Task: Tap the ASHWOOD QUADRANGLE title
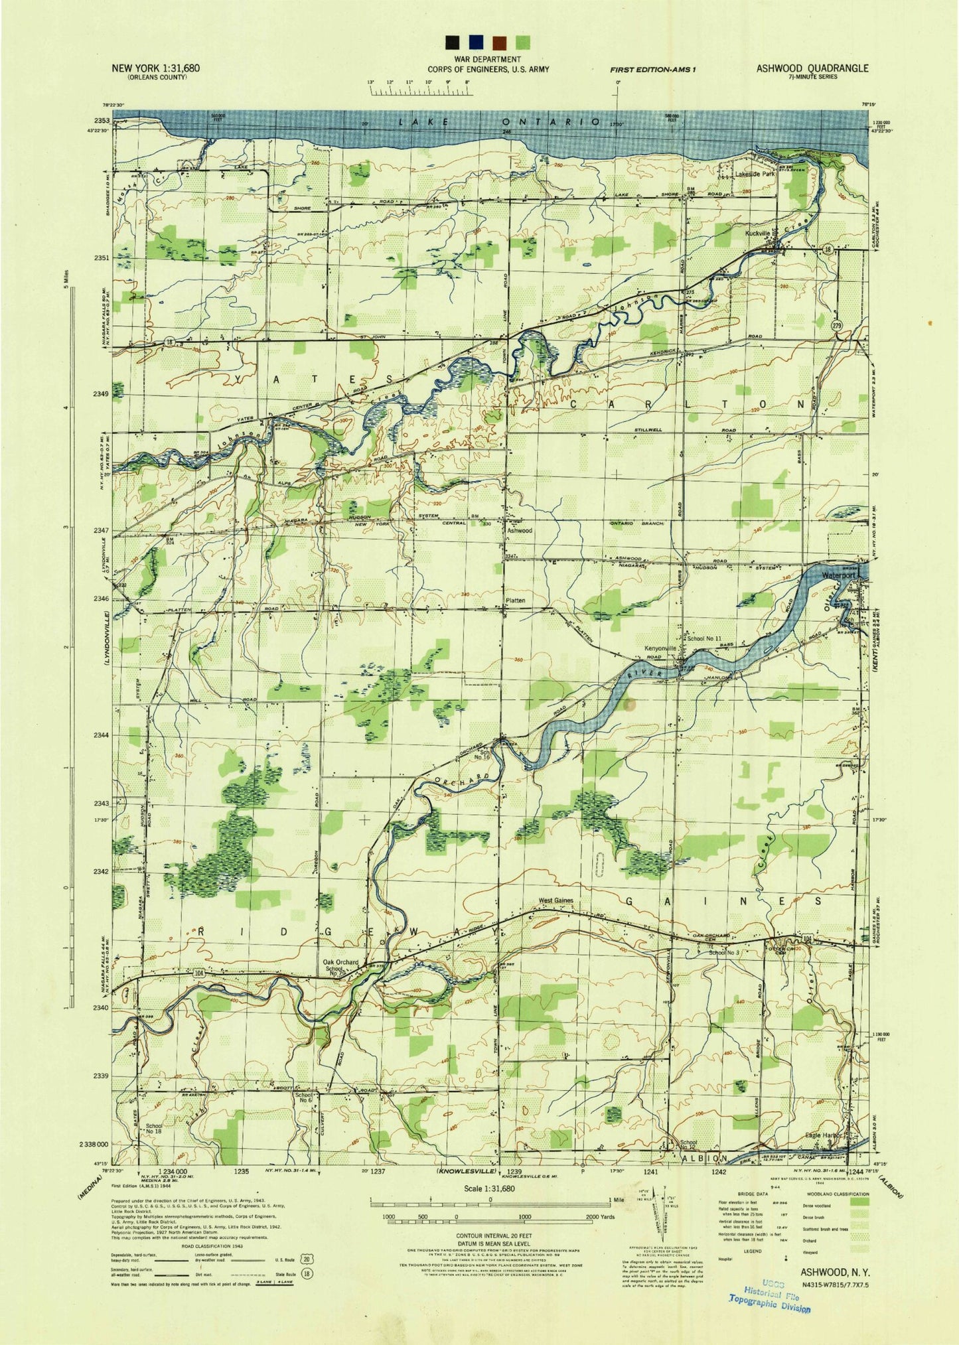812,68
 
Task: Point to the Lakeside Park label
755,175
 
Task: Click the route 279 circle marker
838,325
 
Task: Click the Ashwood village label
520,531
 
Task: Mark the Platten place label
516,601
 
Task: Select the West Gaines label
555,900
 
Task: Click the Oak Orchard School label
341,966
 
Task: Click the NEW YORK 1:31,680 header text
157,68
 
